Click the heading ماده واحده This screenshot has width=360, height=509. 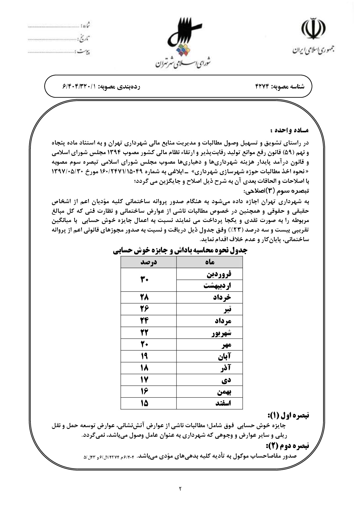point(290,130)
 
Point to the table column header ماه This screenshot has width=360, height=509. point(209,262)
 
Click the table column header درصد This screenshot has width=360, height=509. point(148,262)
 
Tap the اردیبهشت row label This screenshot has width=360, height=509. point(217,286)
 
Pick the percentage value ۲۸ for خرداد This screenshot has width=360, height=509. point(144,297)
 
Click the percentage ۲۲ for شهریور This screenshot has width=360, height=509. point(144,333)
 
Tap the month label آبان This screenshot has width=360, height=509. point(225,356)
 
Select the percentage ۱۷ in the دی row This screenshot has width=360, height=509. point(144,380)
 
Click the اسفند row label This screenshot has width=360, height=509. point(223,403)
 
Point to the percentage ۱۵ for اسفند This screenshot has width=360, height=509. point(144,403)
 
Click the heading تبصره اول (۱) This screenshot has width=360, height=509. point(288,415)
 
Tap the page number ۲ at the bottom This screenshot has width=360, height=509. point(180,489)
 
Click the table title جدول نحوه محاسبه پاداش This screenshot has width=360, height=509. point(180,250)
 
